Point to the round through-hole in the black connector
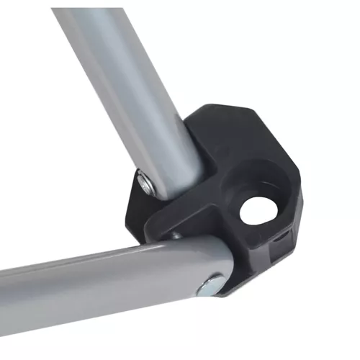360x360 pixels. coord(253,209)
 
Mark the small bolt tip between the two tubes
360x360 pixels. coord(175,235)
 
